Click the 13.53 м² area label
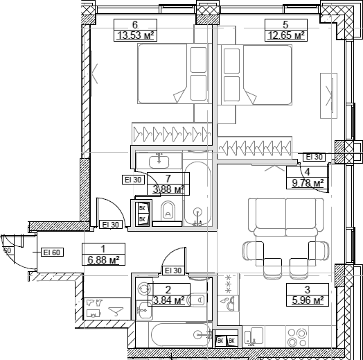click(135, 35)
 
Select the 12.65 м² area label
click(286, 35)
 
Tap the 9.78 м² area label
click(308, 183)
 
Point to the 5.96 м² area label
click(308, 300)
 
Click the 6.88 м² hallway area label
click(103, 260)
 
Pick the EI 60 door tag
click(52, 252)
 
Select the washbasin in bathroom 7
click(159, 162)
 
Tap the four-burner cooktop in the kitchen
click(296, 338)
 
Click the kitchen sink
click(254, 336)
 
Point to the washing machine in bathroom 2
click(144, 289)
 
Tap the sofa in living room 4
click(286, 217)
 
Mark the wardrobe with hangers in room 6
click(172, 134)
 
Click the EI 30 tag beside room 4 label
click(314, 157)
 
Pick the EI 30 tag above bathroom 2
click(173, 271)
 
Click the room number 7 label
click(168, 178)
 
